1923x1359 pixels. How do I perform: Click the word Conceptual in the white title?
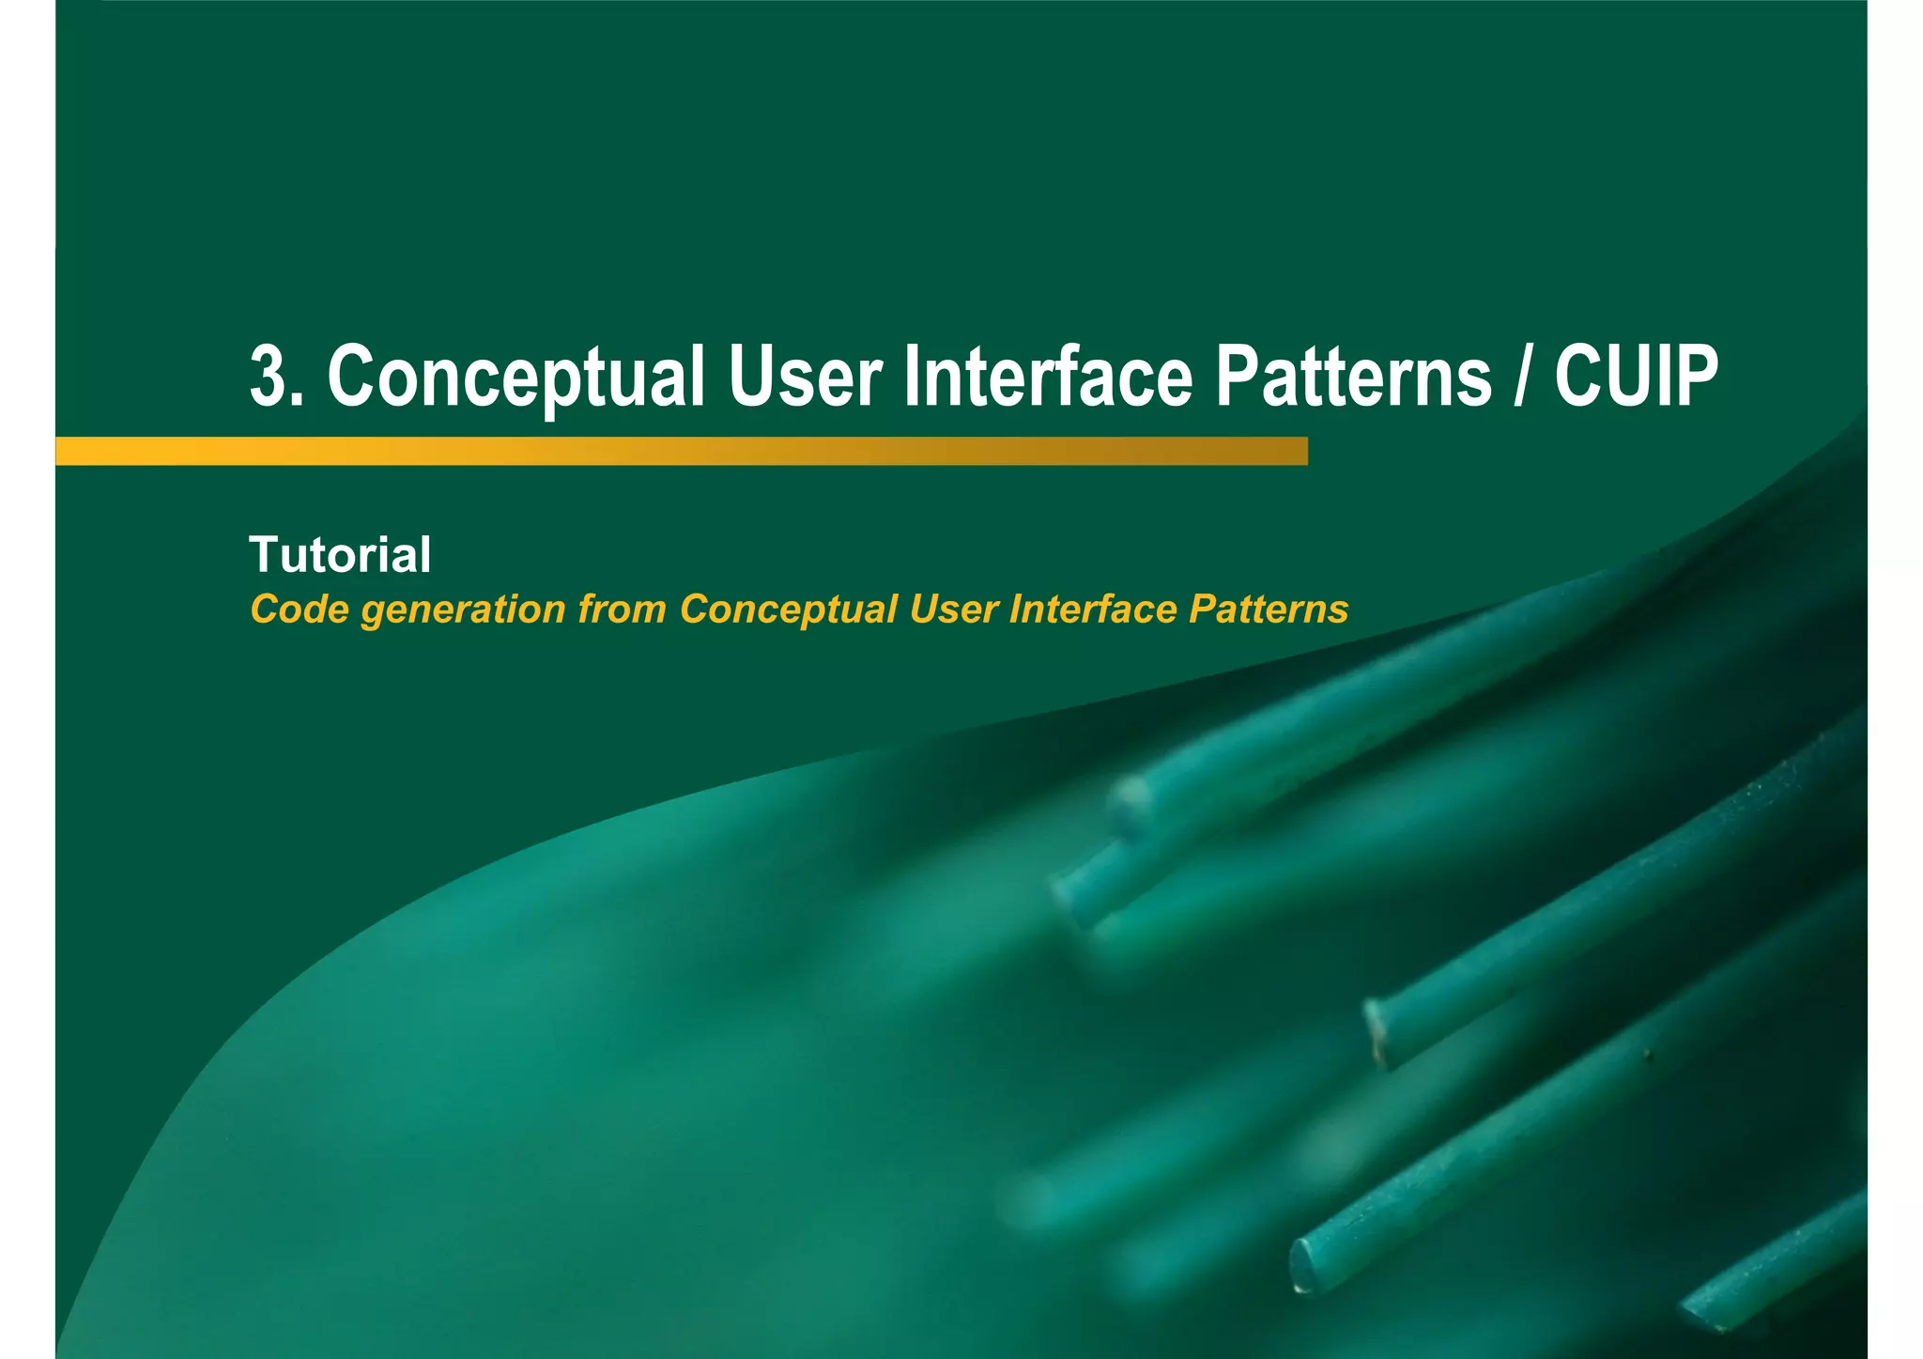pos(516,378)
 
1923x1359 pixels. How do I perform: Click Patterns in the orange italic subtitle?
pos(1269,610)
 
